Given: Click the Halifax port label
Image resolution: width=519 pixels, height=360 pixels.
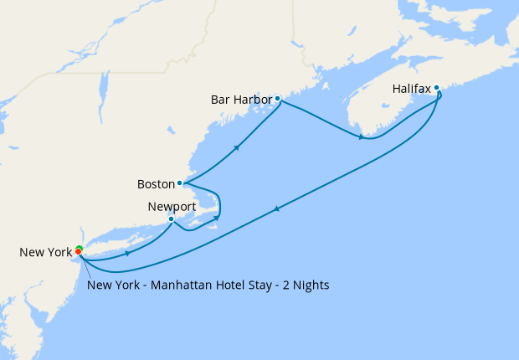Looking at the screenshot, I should coord(411,88).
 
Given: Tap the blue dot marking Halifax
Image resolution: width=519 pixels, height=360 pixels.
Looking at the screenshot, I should coord(437,87).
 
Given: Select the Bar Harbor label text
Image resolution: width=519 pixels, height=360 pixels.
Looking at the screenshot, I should coord(241,100).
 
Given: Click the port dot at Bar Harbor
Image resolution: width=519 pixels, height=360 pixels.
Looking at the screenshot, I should coord(277,99).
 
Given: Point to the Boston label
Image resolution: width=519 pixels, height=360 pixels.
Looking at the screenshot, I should coord(155,183).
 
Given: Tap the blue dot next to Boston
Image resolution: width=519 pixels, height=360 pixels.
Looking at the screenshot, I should coord(179,183).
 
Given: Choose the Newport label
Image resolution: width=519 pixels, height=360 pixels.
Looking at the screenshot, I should coord(171,206).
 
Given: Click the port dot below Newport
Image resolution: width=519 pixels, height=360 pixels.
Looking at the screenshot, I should coord(172,219).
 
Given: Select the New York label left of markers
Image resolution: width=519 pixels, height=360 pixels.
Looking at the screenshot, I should coord(44,252).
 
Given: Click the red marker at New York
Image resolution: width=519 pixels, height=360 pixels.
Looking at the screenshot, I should coord(79,251).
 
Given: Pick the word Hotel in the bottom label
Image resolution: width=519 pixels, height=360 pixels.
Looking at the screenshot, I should coord(227,285).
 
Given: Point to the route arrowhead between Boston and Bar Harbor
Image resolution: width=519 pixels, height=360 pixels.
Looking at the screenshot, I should coord(239,147).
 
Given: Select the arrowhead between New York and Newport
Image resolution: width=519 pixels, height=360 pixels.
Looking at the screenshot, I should coord(126,251).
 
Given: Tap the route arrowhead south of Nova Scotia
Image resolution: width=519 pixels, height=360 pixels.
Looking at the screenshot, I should coord(362,136).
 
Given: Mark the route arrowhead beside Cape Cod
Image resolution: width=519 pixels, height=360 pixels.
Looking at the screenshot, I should coord(216,219).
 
